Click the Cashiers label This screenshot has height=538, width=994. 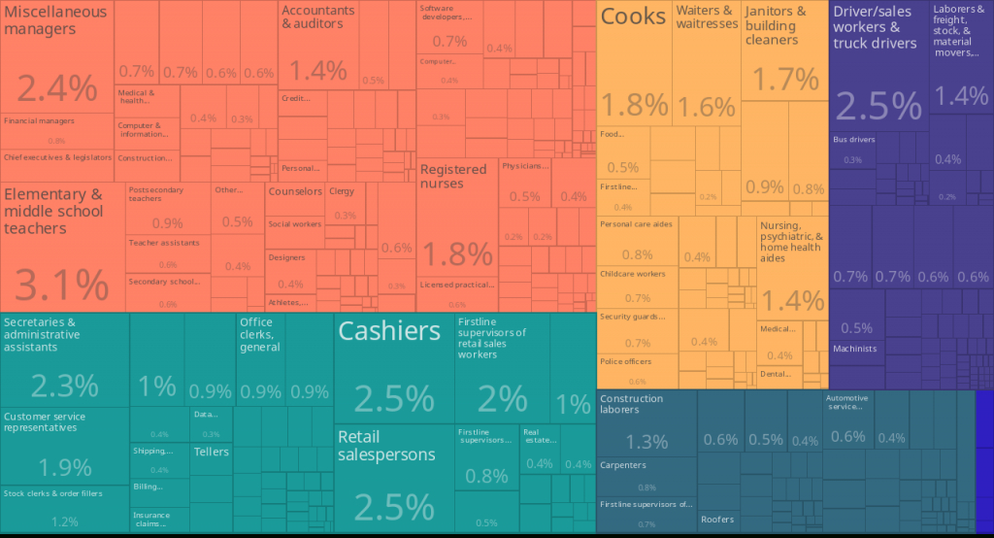click(388, 331)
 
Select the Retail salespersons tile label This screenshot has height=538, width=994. click(386, 446)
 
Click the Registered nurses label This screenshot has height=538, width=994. click(453, 177)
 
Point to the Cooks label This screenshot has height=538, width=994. click(633, 17)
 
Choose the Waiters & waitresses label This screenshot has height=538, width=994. click(707, 17)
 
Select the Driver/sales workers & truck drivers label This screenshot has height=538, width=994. click(875, 27)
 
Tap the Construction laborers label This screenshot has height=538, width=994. click(632, 404)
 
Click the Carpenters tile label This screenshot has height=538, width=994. click(623, 465)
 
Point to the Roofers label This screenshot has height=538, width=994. click(717, 519)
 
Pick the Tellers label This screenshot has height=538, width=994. click(212, 452)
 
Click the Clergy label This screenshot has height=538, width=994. click(342, 191)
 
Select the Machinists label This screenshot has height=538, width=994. click(854, 349)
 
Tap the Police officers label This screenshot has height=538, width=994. click(626, 361)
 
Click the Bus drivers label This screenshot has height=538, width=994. click(854, 140)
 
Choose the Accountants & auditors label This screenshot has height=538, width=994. click(318, 17)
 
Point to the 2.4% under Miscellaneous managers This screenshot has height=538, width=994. click(57, 89)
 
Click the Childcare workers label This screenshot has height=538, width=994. click(632, 274)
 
